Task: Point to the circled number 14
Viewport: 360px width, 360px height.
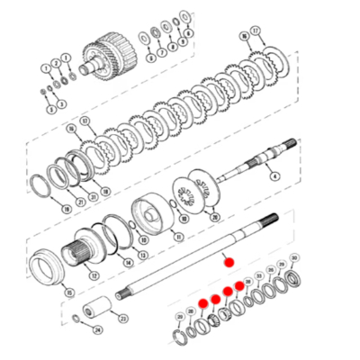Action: pyautogui.click(x=129, y=263)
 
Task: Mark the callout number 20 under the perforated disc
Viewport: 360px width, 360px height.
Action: pyautogui.click(x=213, y=217)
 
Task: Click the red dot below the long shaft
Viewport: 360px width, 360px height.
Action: pyautogui.click(x=229, y=261)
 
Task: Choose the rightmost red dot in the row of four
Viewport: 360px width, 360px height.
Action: pyautogui.click(x=238, y=285)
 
